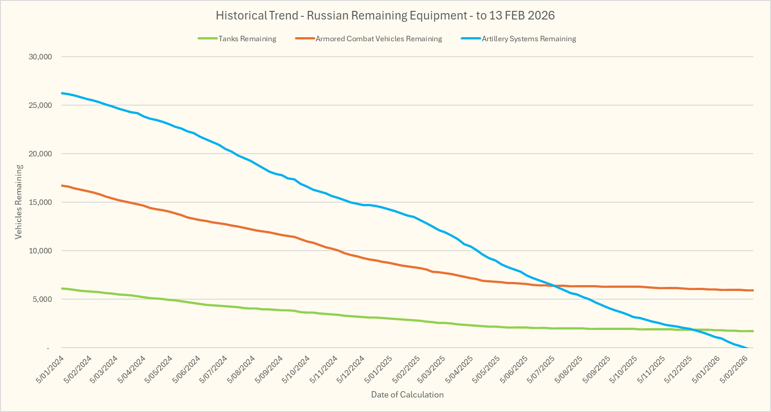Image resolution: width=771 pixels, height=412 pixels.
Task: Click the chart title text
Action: tap(385, 15)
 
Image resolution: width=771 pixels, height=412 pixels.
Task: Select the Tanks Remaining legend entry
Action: tap(247, 39)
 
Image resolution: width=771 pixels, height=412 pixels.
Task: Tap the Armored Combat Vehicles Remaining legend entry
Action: tap(378, 39)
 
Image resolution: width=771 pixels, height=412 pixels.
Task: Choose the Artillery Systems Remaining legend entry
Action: tap(529, 39)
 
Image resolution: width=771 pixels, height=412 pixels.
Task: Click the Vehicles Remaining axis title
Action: tap(19, 202)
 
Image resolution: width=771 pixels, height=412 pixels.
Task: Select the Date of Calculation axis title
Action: tap(407, 395)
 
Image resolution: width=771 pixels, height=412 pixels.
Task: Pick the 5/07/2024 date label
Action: tap(214, 369)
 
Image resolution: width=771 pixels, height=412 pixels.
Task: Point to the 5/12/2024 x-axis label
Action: tap(351, 369)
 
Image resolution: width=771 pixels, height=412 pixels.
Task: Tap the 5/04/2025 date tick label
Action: tap(460, 369)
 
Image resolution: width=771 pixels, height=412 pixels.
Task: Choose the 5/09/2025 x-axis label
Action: tap(597, 369)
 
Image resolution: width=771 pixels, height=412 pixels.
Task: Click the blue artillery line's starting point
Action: tap(62, 93)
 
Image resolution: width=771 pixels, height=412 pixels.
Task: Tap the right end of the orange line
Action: tap(753, 290)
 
